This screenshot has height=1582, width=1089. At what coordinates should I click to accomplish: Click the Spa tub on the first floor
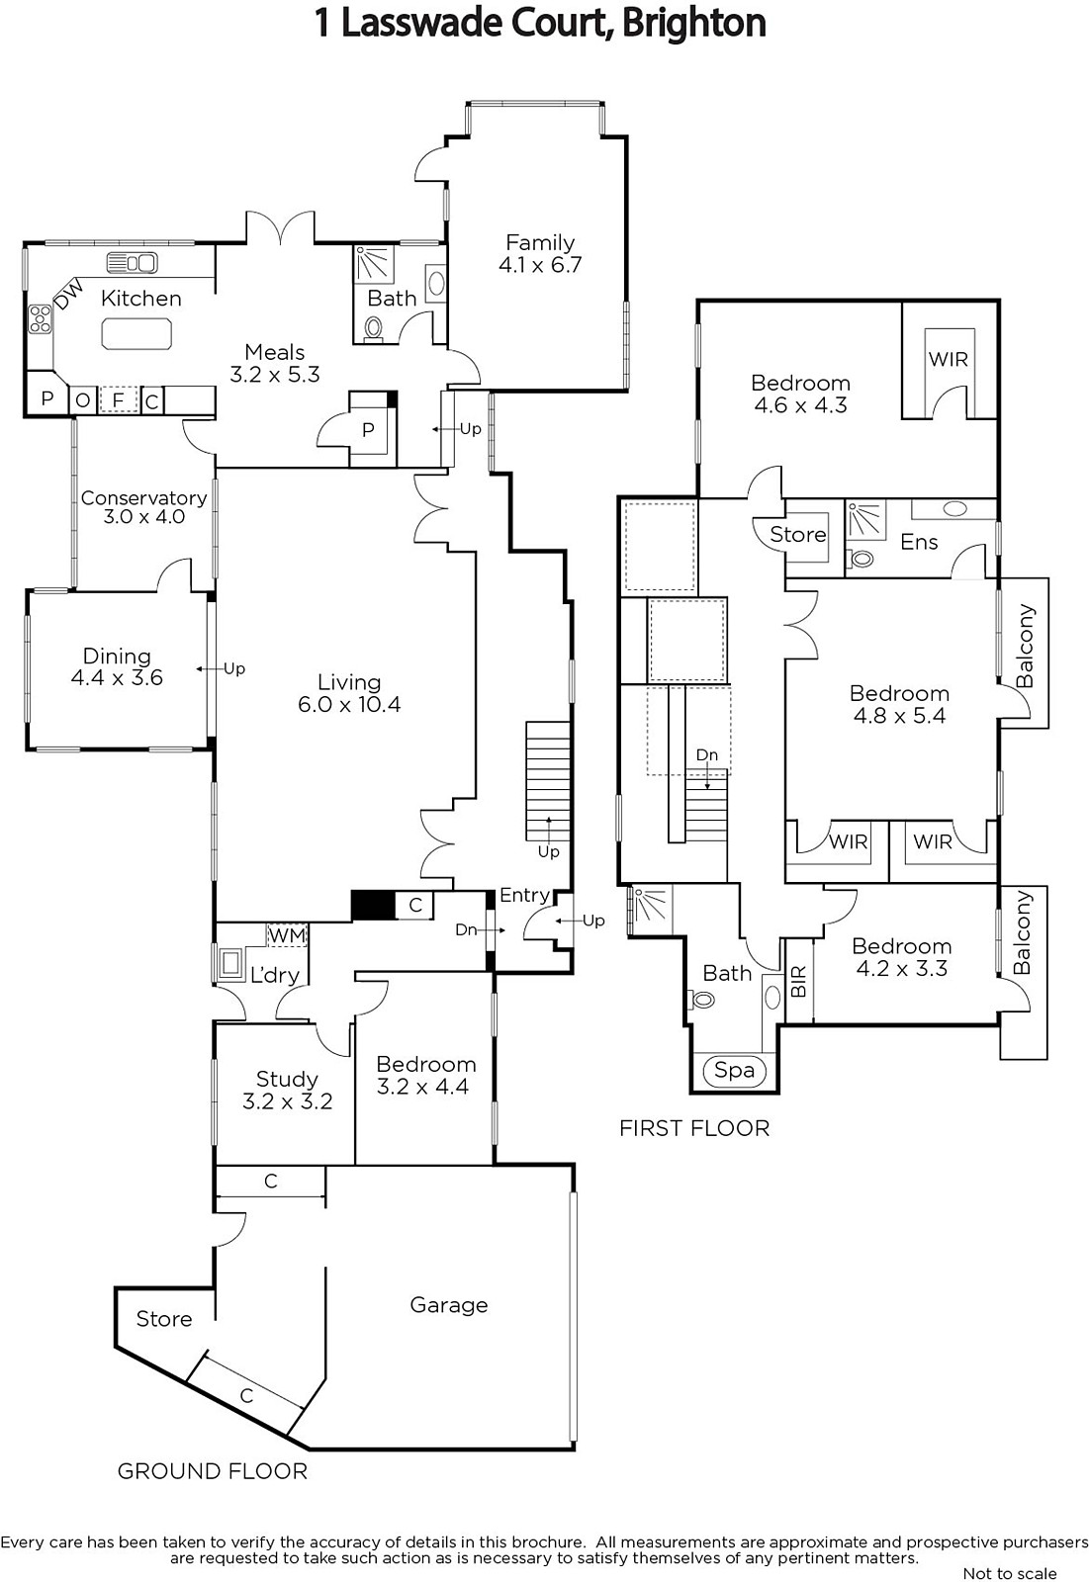pos(734,1071)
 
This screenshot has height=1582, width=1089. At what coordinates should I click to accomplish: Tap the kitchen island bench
pos(136,333)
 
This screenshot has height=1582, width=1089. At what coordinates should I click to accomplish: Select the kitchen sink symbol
pos(132,263)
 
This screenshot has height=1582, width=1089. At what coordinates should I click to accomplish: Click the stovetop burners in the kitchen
pos(41,318)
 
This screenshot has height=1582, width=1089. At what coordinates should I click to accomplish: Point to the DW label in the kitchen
pos(68,294)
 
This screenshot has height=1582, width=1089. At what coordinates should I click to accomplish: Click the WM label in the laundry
pos(287,935)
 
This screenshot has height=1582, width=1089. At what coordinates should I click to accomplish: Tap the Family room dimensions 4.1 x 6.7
pos(540,265)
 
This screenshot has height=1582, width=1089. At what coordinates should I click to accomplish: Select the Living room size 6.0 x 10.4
pos(349,704)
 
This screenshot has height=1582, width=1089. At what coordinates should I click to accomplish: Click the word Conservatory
pos(144,498)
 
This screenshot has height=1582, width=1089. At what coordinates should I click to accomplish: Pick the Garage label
pos(449,1305)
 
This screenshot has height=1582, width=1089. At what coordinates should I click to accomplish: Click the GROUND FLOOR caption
pos(212,1471)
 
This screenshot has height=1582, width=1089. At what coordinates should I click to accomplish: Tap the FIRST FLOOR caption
pos(694,1128)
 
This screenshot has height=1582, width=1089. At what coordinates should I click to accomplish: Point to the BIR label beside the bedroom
pos(798,982)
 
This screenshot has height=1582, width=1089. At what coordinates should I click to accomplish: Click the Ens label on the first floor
pos(920,542)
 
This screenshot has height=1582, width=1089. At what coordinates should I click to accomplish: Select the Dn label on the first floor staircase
pos(706,755)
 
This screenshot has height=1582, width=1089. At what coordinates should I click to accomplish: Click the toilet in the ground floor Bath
pos(374,328)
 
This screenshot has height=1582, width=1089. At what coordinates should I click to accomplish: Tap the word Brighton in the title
pos(694,23)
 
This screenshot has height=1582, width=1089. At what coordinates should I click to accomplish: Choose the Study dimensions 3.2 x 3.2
pos(287,1101)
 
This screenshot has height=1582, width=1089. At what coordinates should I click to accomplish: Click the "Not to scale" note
pos(1010,1573)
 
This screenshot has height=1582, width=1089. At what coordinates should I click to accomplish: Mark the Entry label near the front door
pos(524,896)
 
